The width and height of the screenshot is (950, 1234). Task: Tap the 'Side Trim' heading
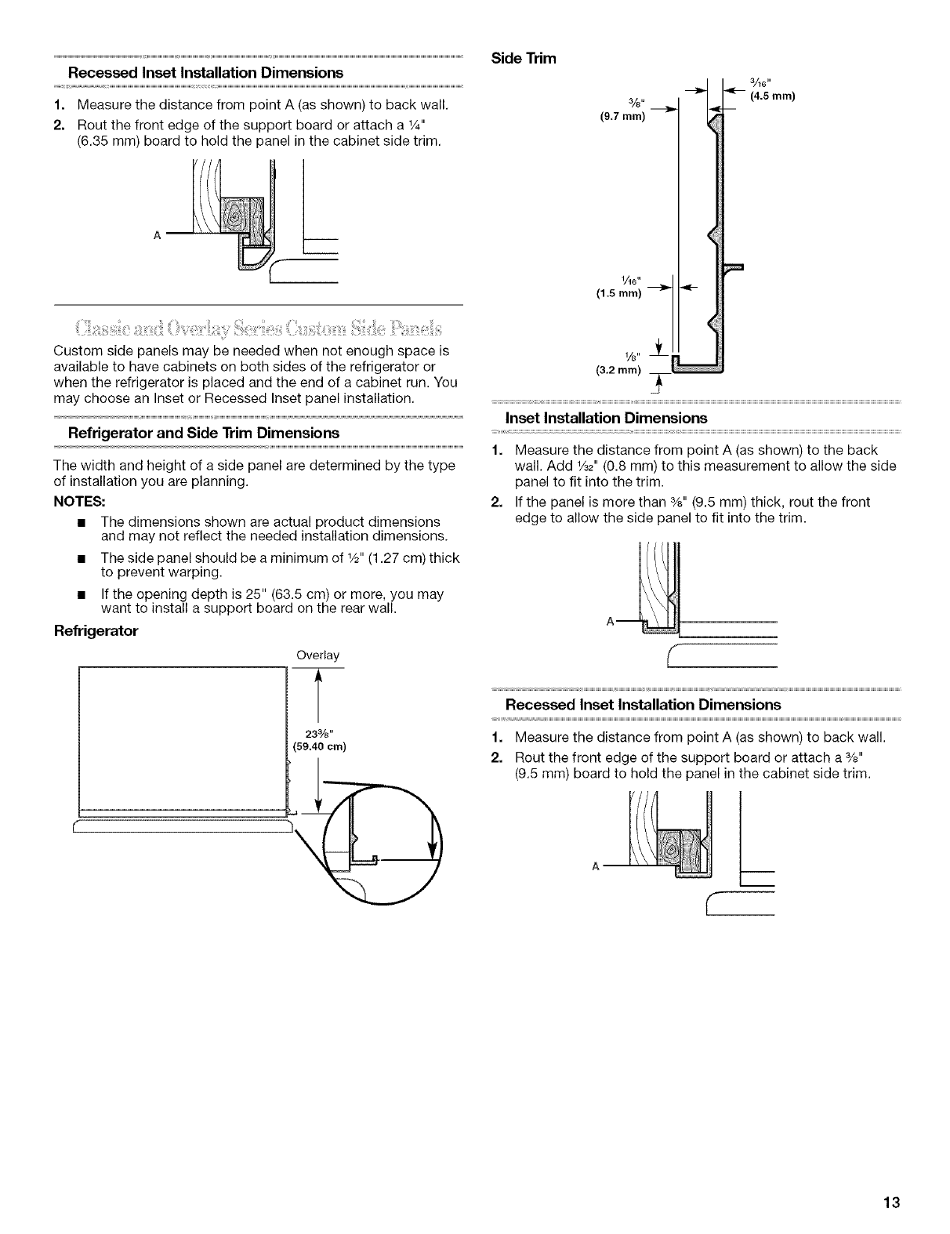[x=523, y=58]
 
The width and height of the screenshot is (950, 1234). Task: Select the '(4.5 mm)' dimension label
[x=773, y=96]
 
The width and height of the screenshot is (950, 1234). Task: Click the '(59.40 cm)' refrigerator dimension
[x=319, y=746]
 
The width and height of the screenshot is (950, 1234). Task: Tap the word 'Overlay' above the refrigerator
[x=317, y=655]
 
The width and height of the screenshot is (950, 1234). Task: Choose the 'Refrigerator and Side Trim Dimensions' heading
[x=205, y=433]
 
